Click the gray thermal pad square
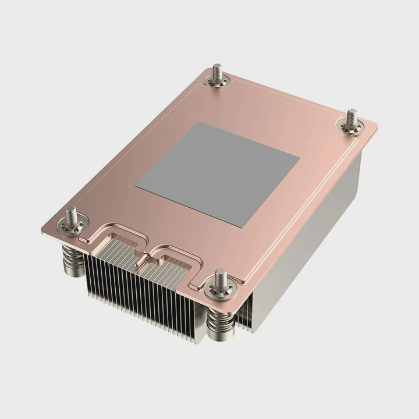click(x=218, y=173)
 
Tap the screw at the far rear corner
click(x=218, y=74)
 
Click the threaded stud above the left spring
click(x=72, y=215)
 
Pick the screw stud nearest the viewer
click(x=221, y=279)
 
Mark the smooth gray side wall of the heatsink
click(x=314, y=233)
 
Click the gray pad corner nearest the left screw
click(x=136, y=187)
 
